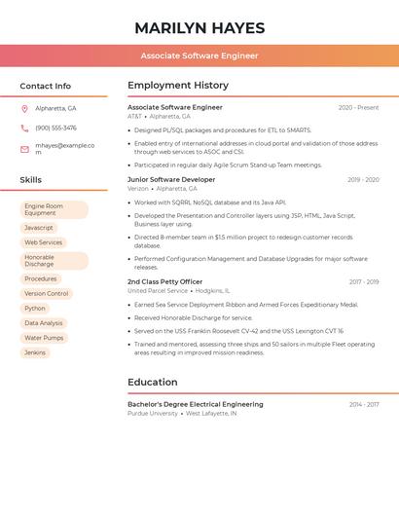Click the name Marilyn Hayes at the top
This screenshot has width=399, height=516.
[199, 27]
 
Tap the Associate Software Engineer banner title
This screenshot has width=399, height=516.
[199, 55]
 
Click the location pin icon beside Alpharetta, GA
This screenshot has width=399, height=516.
[24, 108]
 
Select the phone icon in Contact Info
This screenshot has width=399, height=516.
[24, 128]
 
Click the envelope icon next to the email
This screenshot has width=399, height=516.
[24, 149]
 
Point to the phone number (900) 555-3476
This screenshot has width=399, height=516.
[55, 128]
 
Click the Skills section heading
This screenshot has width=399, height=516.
[31, 180]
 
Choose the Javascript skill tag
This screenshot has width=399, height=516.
[39, 228]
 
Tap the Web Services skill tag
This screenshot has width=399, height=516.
[43, 242]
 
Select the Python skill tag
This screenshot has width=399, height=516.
[35, 309]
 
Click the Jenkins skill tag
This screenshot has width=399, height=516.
[35, 352]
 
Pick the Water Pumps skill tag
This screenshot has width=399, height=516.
[44, 338]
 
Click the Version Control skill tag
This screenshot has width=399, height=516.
[47, 293]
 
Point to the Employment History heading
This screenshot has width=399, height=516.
[178, 86]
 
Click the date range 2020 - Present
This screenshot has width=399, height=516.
[358, 107]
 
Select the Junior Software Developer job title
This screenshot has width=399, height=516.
[171, 179]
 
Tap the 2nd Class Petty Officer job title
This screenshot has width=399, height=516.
[164, 281]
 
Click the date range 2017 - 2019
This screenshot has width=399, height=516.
[364, 281]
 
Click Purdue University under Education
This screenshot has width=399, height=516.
[153, 413]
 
